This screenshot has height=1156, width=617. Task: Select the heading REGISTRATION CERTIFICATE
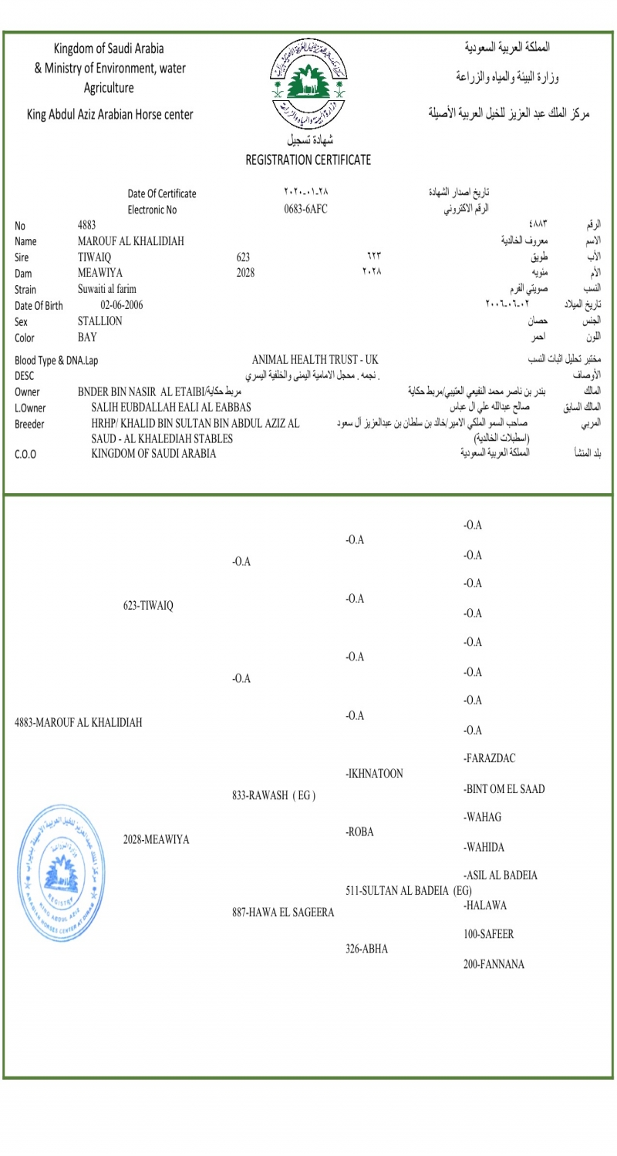pyautogui.click(x=308, y=160)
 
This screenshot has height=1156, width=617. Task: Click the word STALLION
pyautogui.click(x=100, y=321)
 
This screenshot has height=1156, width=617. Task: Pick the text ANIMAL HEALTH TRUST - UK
pyautogui.click(x=315, y=360)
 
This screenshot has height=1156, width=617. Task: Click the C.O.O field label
pyautogui.click(x=26, y=454)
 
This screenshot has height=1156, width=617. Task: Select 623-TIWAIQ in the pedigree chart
pyautogui.click(x=148, y=606)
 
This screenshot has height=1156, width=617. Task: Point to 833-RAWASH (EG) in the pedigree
pyautogui.click(x=274, y=795)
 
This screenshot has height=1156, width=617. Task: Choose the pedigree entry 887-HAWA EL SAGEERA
pyautogui.click(x=283, y=913)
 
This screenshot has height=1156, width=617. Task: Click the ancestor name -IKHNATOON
pyautogui.click(x=375, y=774)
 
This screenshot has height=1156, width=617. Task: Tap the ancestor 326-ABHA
pyautogui.click(x=366, y=949)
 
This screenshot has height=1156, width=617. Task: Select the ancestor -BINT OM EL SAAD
pyautogui.click(x=504, y=789)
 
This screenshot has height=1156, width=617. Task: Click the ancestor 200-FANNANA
pyautogui.click(x=494, y=964)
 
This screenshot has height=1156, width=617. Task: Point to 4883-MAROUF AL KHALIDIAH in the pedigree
pyautogui.click(x=79, y=723)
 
